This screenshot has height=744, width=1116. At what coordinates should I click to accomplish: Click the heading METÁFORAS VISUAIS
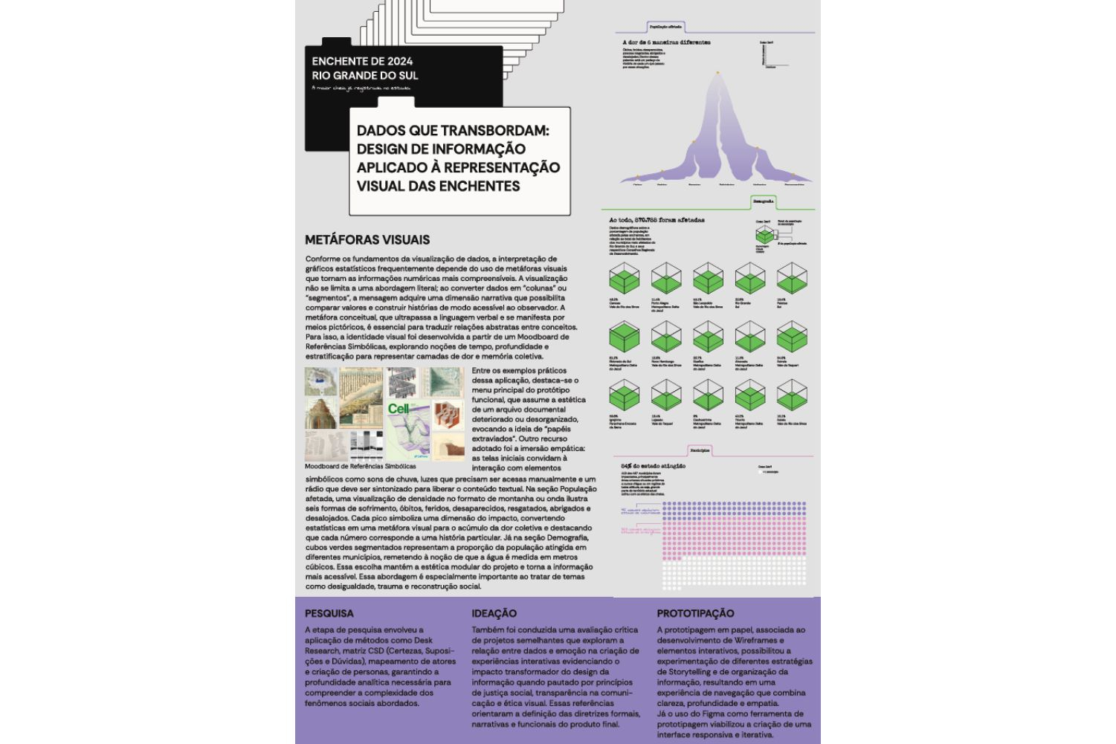pyautogui.click(x=367, y=240)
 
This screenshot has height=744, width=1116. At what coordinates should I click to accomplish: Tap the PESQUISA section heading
pyautogui.click(x=329, y=613)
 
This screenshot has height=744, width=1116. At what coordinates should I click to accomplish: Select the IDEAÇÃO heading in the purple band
pyautogui.click(x=494, y=613)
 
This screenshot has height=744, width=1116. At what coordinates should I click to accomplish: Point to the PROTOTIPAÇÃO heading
pyautogui.click(x=695, y=613)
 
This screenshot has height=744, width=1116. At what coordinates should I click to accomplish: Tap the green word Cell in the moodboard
pyautogui.click(x=399, y=409)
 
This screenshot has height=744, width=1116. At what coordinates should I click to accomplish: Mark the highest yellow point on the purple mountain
pyautogui.click(x=718, y=73)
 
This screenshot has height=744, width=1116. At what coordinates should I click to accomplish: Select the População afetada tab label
pyautogui.click(x=665, y=27)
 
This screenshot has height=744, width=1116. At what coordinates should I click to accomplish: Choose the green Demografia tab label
pyautogui.click(x=763, y=201)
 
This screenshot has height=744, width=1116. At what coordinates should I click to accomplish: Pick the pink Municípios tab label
pyautogui.click(x=699, y=450)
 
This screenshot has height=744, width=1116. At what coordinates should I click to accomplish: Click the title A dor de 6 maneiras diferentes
pyautogui.click(x=666, y=42)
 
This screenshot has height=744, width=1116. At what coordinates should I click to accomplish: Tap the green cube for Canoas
pyautogui.click(x=625, y=279)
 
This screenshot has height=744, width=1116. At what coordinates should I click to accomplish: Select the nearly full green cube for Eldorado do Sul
pyautogui.click(x=625, y=337)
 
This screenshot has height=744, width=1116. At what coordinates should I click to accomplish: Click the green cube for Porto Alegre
pyautogui.click(x=666, y=279)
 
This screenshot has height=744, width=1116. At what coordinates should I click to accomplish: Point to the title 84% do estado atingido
pyautogui.click(x=653, y=466)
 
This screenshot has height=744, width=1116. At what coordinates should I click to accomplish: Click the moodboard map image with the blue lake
pyautogui.click(x=321, y=381)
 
